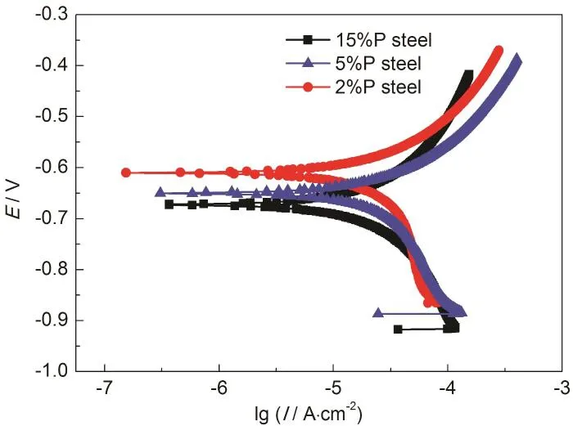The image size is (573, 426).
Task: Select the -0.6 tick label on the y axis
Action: click(x=53, y=167)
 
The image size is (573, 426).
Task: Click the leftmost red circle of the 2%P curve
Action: click(x=126, y=173)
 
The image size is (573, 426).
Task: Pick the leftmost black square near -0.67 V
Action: click(x=169, y=204)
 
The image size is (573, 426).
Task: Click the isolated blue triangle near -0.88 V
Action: click(x=378, y=312)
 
